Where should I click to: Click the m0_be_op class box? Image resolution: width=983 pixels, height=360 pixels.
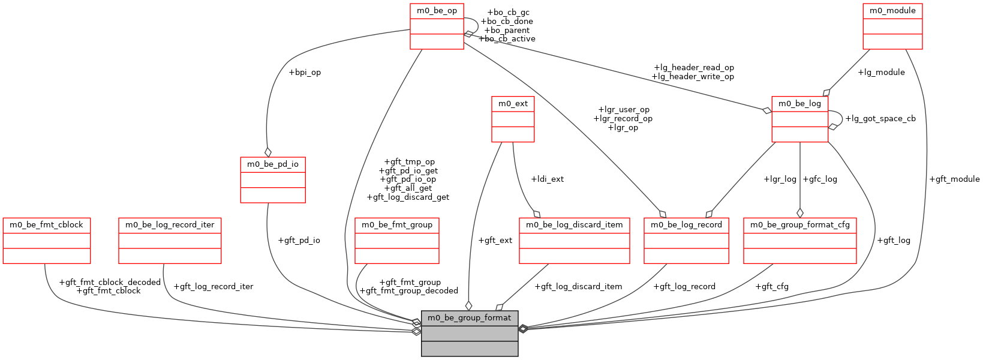tap(437, 26)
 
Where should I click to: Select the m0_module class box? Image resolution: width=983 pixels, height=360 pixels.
tap(892, 26)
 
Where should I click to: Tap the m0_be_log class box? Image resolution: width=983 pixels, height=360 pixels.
tap(799, 119)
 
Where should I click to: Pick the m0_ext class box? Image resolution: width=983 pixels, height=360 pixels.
tap(513, 119)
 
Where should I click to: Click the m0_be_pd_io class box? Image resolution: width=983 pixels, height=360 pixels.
tap(273, 180)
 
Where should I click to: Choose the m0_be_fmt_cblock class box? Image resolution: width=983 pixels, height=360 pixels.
tap(47, 241)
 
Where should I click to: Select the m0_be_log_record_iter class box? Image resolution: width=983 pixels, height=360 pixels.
tap(170, 241)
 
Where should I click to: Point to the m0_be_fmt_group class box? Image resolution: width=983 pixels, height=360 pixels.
tap(397, 241)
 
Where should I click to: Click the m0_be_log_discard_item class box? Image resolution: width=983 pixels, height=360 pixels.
tap(575, 241)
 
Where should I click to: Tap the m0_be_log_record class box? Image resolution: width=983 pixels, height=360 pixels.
tap(686, 241)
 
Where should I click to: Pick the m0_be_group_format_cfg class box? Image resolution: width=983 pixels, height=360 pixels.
tap(800, 241)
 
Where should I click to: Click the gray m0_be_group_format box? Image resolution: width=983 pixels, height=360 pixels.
tap(470, 333)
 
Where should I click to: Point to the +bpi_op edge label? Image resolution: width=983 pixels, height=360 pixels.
tap(305, 73)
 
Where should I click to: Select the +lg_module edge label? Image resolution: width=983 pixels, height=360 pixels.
tap(881, 73)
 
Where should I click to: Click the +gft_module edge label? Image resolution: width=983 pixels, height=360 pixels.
tap(954, 179)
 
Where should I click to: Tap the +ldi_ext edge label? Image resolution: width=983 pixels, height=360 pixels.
tap(547, 179)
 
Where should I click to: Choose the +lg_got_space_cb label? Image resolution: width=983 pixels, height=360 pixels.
tap(880, 119)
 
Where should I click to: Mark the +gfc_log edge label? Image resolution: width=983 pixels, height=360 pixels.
tap(820, 179)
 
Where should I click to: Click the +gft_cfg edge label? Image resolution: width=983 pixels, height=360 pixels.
tap(772, 287)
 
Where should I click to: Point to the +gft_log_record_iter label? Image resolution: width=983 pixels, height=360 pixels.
tap(213, 287)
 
